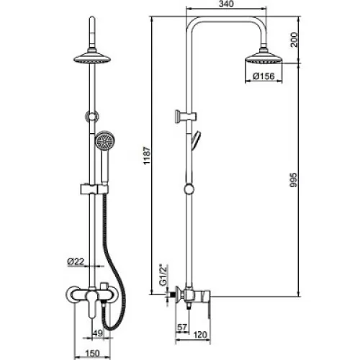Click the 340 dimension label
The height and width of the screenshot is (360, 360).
226,4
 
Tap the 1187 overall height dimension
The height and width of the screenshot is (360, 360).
147,156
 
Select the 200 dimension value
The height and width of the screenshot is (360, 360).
294,40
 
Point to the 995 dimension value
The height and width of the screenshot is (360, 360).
293,180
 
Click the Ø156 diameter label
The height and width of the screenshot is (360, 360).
264,76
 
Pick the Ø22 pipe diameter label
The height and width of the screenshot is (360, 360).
76,261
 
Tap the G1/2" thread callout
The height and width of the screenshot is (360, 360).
163,275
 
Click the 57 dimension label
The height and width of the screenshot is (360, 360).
182,328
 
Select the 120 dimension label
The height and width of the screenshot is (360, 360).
199,335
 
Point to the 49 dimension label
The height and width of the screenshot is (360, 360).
98,333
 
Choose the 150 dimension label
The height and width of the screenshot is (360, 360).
92,353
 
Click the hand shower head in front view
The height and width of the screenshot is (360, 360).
104,141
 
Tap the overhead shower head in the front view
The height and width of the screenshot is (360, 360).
92,57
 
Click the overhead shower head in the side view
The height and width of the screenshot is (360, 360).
264,58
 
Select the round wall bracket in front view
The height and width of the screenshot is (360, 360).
92,117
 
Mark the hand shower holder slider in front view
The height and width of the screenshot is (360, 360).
94,189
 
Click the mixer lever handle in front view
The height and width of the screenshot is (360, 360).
91,305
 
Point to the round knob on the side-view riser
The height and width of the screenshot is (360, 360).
189,189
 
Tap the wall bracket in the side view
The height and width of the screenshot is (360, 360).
186,117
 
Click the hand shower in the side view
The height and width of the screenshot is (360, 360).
196,140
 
